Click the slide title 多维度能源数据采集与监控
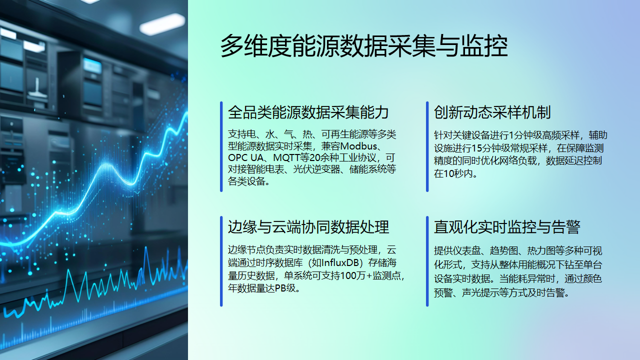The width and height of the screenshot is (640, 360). pos(364,46)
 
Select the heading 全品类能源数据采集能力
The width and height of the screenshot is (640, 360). pos(308,112)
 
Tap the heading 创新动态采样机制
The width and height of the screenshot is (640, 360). pos(492,112)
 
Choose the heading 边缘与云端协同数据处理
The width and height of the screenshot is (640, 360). pos(308,226)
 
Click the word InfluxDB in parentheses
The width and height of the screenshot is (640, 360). pos(332,261)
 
